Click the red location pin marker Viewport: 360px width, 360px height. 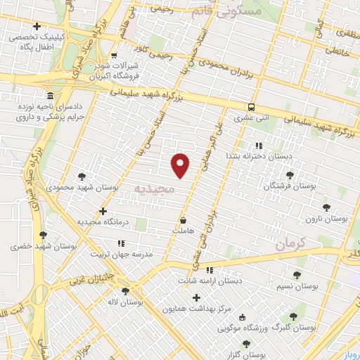[x=181, y=165]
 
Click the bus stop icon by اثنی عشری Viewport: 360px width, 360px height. [x=251, y=107]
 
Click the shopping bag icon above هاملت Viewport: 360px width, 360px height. [x=183, y=219]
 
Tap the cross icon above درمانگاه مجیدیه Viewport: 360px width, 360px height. [x=103, y=210]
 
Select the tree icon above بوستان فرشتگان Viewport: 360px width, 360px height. [x=289, y=175]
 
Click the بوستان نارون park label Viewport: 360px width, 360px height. [x=327, y=219]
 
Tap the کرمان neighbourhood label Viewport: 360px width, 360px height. [x=292, y=244]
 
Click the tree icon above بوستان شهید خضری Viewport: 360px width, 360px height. [x=43, y=235]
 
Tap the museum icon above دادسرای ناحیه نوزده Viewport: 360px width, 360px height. [x=49, y=96]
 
